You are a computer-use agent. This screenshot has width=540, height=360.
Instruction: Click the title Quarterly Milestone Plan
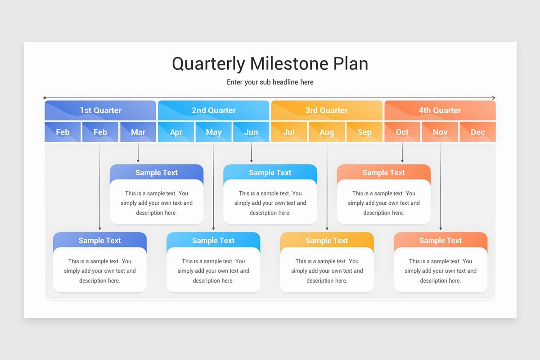pos(270,64)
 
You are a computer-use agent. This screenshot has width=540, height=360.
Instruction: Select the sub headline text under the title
pos(270,82)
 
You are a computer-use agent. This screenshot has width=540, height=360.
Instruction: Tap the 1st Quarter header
pos(100,110)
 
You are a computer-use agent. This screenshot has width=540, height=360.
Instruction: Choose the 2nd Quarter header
pos(214,110)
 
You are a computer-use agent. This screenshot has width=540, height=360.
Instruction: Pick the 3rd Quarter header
pos(327,110)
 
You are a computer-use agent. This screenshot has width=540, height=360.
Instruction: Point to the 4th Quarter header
pos(440,110)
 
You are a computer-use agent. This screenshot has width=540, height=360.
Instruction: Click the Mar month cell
pos(138,132)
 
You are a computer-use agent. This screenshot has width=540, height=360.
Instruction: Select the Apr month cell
pos(176,132)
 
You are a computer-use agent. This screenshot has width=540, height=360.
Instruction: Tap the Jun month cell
pos(251,132)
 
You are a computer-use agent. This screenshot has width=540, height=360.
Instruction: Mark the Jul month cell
pos(289,132)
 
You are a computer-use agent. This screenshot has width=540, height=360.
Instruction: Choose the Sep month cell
pos(364,132)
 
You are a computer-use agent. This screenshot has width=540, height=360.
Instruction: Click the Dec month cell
pos(478,132)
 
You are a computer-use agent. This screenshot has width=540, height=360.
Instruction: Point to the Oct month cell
pos(402,132)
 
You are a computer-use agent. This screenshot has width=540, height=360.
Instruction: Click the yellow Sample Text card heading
pos(327,240)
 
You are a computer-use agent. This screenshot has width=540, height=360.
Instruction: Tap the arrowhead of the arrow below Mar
pos(138,161)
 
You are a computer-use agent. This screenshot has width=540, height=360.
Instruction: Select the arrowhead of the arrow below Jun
pos(252,161)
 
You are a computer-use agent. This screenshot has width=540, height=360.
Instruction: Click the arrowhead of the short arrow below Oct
pos(402,161)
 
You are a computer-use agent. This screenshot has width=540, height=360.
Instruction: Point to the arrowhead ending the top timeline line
pos(494,98)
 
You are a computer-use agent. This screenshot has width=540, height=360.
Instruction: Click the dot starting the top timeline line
pos(45,98)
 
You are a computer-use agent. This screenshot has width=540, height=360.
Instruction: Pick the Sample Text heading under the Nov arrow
pos(441,240)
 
